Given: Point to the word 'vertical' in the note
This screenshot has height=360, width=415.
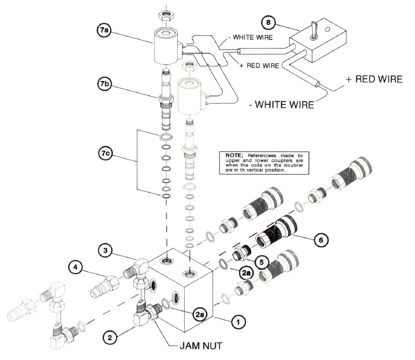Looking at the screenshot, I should [x=254, y=170].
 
